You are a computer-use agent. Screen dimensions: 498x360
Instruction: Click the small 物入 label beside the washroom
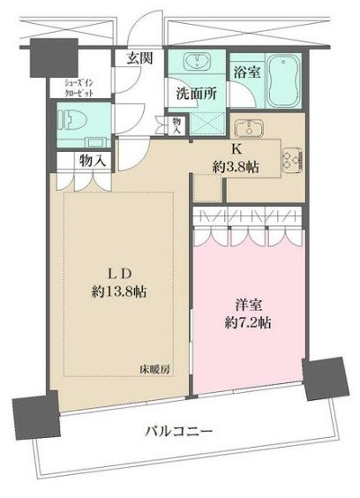pos(177,124)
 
